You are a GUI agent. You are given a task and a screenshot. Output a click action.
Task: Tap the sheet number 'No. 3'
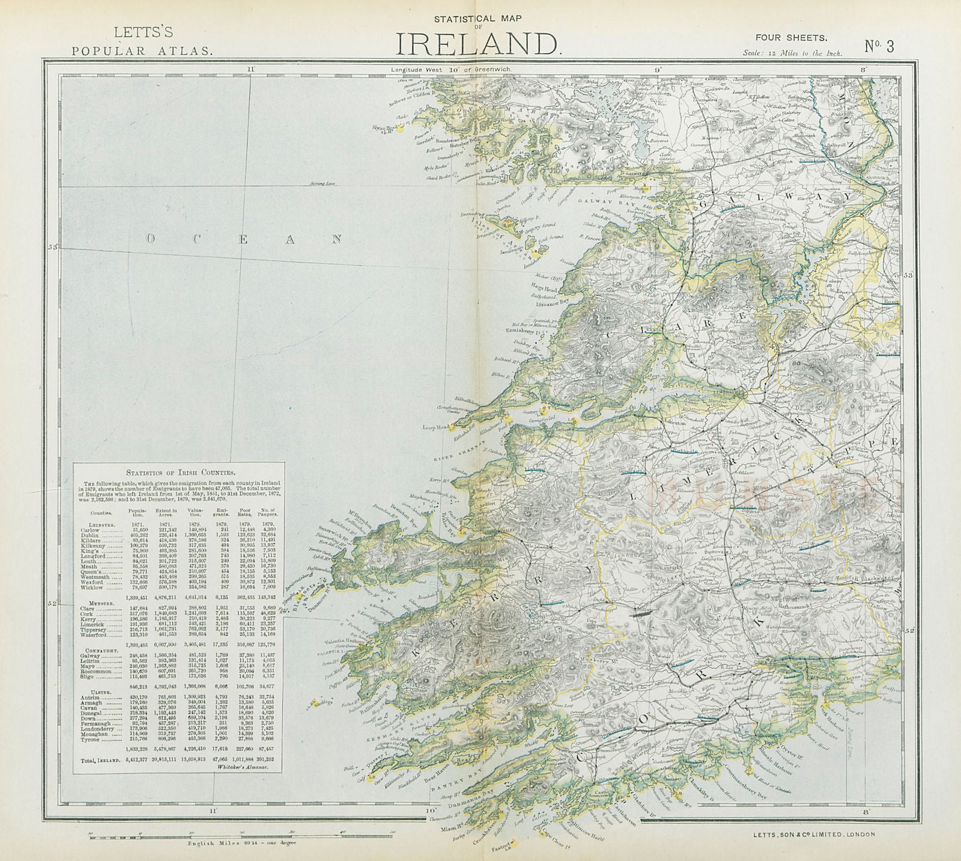(879, 46)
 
